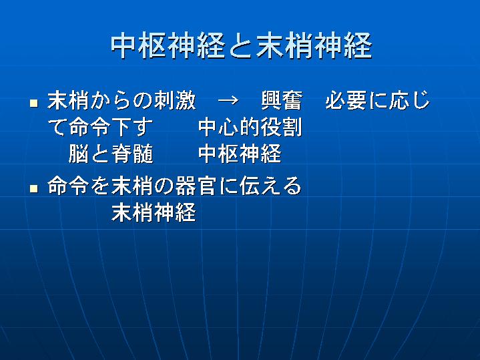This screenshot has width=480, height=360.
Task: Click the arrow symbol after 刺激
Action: [228, 100]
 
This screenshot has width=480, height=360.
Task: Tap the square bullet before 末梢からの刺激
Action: [34, 103]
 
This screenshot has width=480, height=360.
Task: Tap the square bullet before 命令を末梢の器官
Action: [34, 188]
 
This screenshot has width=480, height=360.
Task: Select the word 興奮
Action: [282, 100]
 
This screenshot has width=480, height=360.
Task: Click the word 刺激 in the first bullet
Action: [175, 100]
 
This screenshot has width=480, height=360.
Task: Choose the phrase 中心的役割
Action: [250, 127]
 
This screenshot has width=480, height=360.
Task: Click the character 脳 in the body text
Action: [79, 154]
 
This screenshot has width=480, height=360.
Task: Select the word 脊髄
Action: [132, 154]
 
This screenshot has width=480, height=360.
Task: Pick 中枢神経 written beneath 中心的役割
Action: [240, 154]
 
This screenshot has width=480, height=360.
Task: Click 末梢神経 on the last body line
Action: [154, 212]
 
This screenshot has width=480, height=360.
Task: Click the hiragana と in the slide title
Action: [241, 46]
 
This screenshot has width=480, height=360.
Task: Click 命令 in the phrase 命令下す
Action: [89, 127]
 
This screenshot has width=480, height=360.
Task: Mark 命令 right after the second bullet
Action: [68, 186]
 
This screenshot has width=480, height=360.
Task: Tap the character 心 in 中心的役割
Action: [229, 127]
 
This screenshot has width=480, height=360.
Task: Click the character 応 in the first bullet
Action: [399, 100]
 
